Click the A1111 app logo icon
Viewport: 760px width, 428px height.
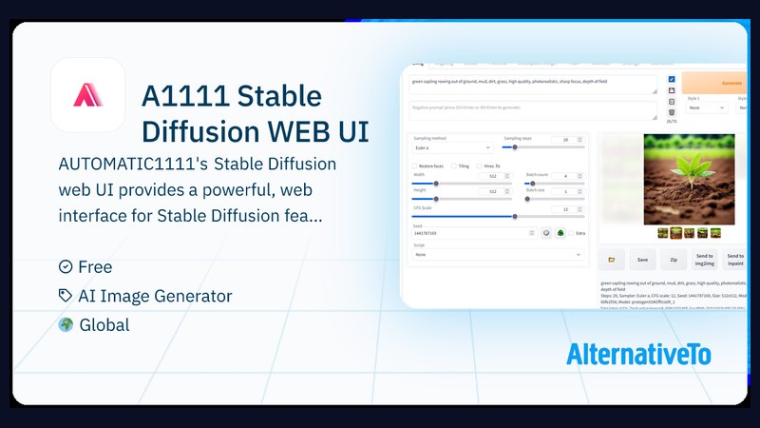click(x=87, y=95)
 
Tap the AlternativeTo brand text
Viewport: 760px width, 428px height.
click(x=638, y=355)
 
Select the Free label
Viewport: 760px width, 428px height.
click(x=95, y=267)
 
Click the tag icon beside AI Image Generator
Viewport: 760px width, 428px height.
click(x=65, y=296)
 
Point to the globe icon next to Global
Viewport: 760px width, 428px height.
click(x=65, y=325)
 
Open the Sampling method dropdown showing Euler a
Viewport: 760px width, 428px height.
click(x=453, y=147)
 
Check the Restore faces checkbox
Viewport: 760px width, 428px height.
click(x=415, y=165)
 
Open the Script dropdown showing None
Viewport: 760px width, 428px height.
click(x=498, y=255)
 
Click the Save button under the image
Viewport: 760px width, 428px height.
click(x=642, y=259)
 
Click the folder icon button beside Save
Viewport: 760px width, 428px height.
click(x=611, y=259)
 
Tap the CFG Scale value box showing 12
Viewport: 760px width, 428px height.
click(x=565, y=209)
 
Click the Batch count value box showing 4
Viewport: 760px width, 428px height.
click(x=565, y=176)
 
